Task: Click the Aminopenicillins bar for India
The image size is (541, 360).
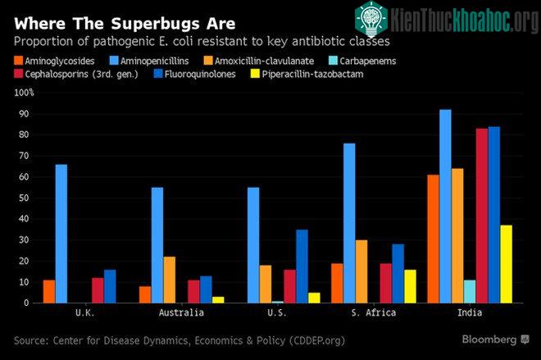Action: pyautogui.click(x=445, y=207)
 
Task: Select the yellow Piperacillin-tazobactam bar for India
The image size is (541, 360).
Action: pyautogui.click(x=506, y=264)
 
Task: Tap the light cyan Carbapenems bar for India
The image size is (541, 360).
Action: pyautogui.click(x=470, y=292)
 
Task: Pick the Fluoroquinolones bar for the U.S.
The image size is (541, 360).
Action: pyautogui.click(x=302, y=267)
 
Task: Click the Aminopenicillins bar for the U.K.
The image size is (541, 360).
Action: pyautogui.click(x=61, y=234)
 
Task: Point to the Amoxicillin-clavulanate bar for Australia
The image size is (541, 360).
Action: pyautogui.click(x=170, y=280)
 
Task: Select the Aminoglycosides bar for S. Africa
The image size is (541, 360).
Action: pyautogui.click(x=337, y=284)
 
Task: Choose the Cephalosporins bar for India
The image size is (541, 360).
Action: pyautogui.click(x=482, y=216)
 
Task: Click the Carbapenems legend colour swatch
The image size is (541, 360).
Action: pyautogui.click(x=333, y=61)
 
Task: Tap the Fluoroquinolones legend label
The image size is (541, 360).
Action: pyautogui.click(x=200, y=74)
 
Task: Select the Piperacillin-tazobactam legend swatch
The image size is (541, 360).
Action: pyautogui.click(x=255, y=74)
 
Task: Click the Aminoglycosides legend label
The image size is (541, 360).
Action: pyautogui.click(x=60, y=61)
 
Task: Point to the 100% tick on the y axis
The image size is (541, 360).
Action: pyautogui.click(x=24, y=93)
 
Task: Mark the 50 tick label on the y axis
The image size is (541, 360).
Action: pyautogui.click(x=24, y=198)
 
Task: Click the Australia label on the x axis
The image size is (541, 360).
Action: pyautogui.click(x=181, y=312)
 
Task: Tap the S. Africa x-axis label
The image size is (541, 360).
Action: pyautogui.click(x=373, y=312)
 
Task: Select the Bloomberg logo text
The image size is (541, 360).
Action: pyautogui.click(x=489, y=339)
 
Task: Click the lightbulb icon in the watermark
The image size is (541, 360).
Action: pyautogui.click(x=371, y=20)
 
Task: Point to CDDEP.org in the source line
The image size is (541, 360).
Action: pyautogui.click(x=316, y=341)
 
